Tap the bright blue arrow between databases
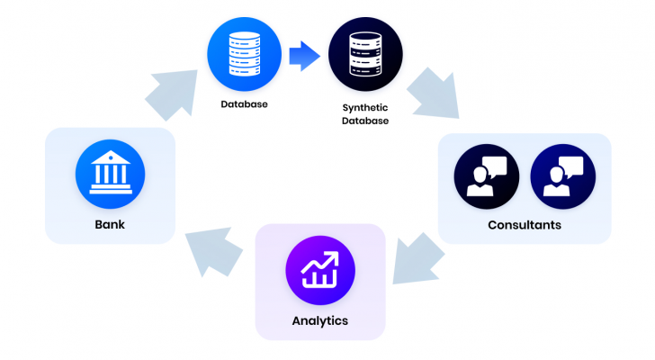[304, 57]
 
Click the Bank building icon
[110, 174]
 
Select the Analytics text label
[319, 320]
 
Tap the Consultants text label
[525, 225]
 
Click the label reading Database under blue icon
[245, 104]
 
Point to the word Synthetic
[365, 107]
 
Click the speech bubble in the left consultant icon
[496, 166]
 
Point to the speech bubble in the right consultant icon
[572, 166]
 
